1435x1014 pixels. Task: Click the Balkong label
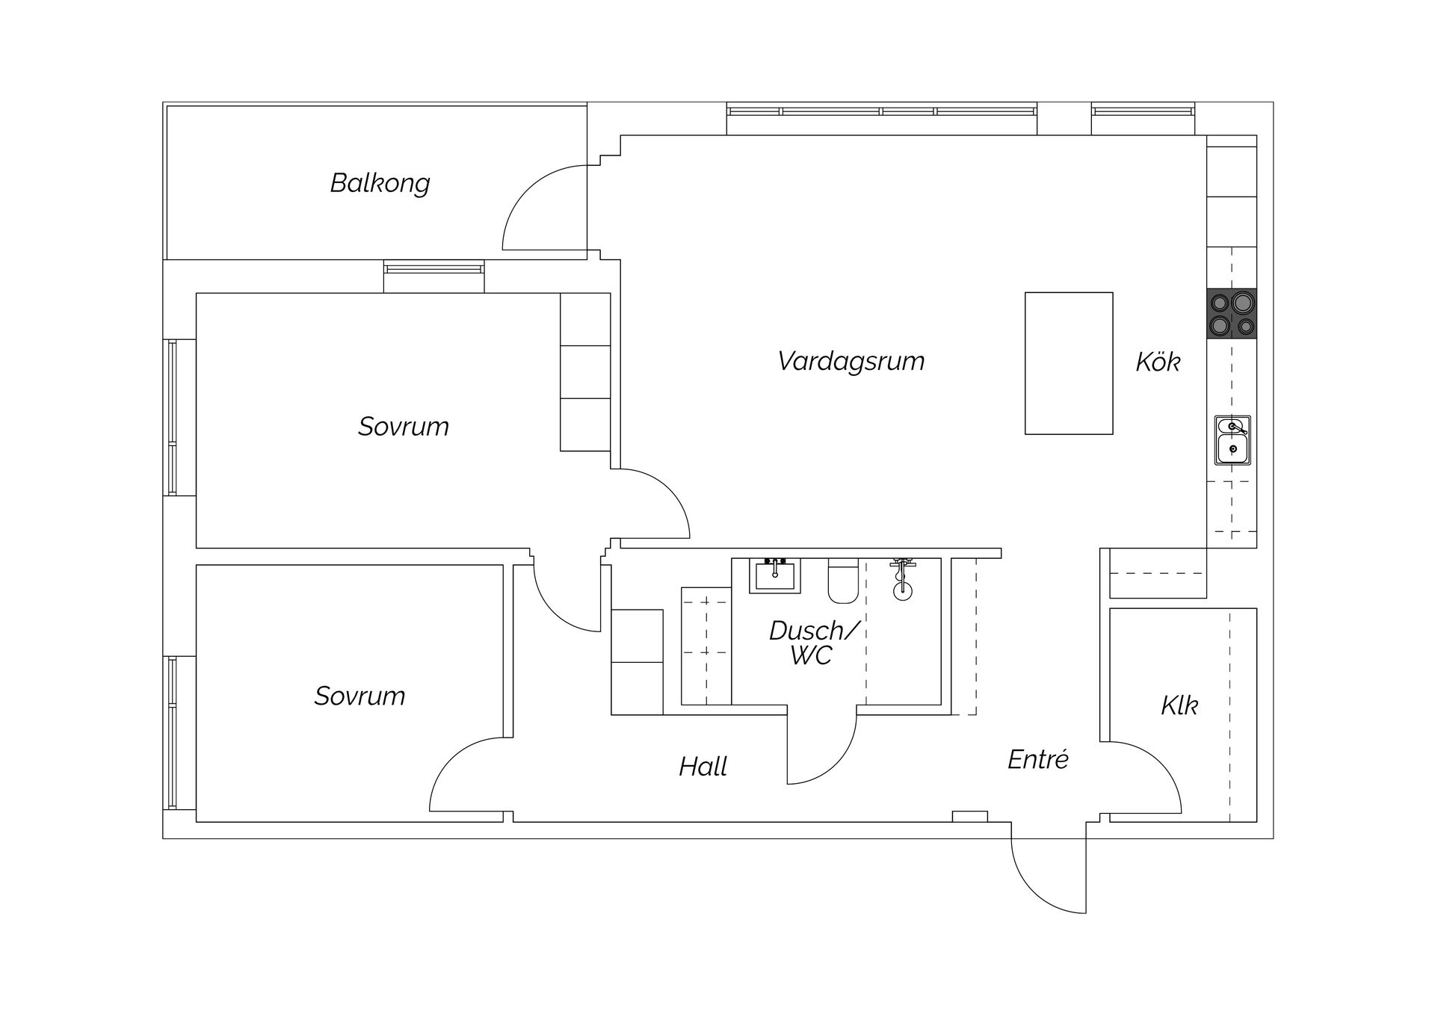pyautogui.click(x=380, y=183)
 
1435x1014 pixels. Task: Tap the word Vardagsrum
pyautogui.click(x=851, y=361)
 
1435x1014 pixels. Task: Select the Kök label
pyautogui.click(x=1158, y=362)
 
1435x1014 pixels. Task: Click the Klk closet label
pyautogui.click(x=1179, y=705)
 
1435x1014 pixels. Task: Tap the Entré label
pyautogui.click(x=1037, y=759)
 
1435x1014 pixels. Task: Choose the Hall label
pyautogui.click(x=703, y=767)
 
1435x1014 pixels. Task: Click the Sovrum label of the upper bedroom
pyautogui.click(x=403, y=427)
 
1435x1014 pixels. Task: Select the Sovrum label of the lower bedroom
pyautogui.click(x=359, y=696)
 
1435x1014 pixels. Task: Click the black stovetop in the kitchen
pyautogui.click(x=1232, y=313)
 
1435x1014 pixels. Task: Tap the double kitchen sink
pyautogui.click(x=1232, y=440)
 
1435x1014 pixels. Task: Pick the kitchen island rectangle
pyautogui.click(x=1069, y=363)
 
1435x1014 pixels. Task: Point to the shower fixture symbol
pyautogui.click(x=903, y=579)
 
